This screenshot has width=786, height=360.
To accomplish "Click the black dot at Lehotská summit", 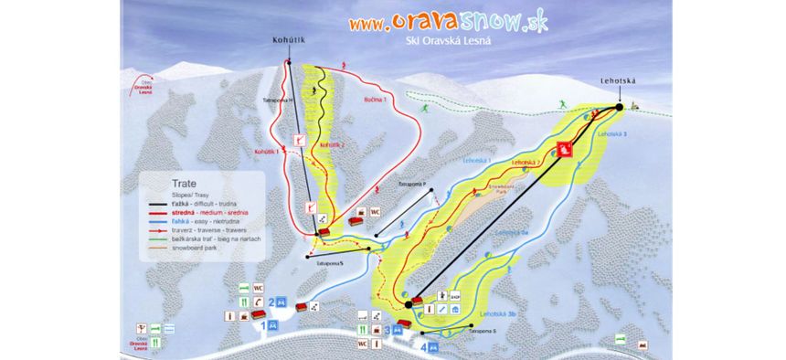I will pos(620,107).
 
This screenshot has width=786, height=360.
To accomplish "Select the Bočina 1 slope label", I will pos(375,97).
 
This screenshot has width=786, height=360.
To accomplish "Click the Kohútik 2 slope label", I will pos(330,146).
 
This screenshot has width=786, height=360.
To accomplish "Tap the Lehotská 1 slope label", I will pos(476,160).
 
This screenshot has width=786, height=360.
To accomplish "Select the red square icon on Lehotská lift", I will pos(566,148).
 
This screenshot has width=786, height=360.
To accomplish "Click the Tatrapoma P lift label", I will pos(413,184).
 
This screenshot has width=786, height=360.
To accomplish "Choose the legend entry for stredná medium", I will pos(198,211).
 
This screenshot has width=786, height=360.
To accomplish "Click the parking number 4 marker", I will pos(423,346).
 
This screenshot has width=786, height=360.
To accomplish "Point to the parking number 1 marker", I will pos(264,324).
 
